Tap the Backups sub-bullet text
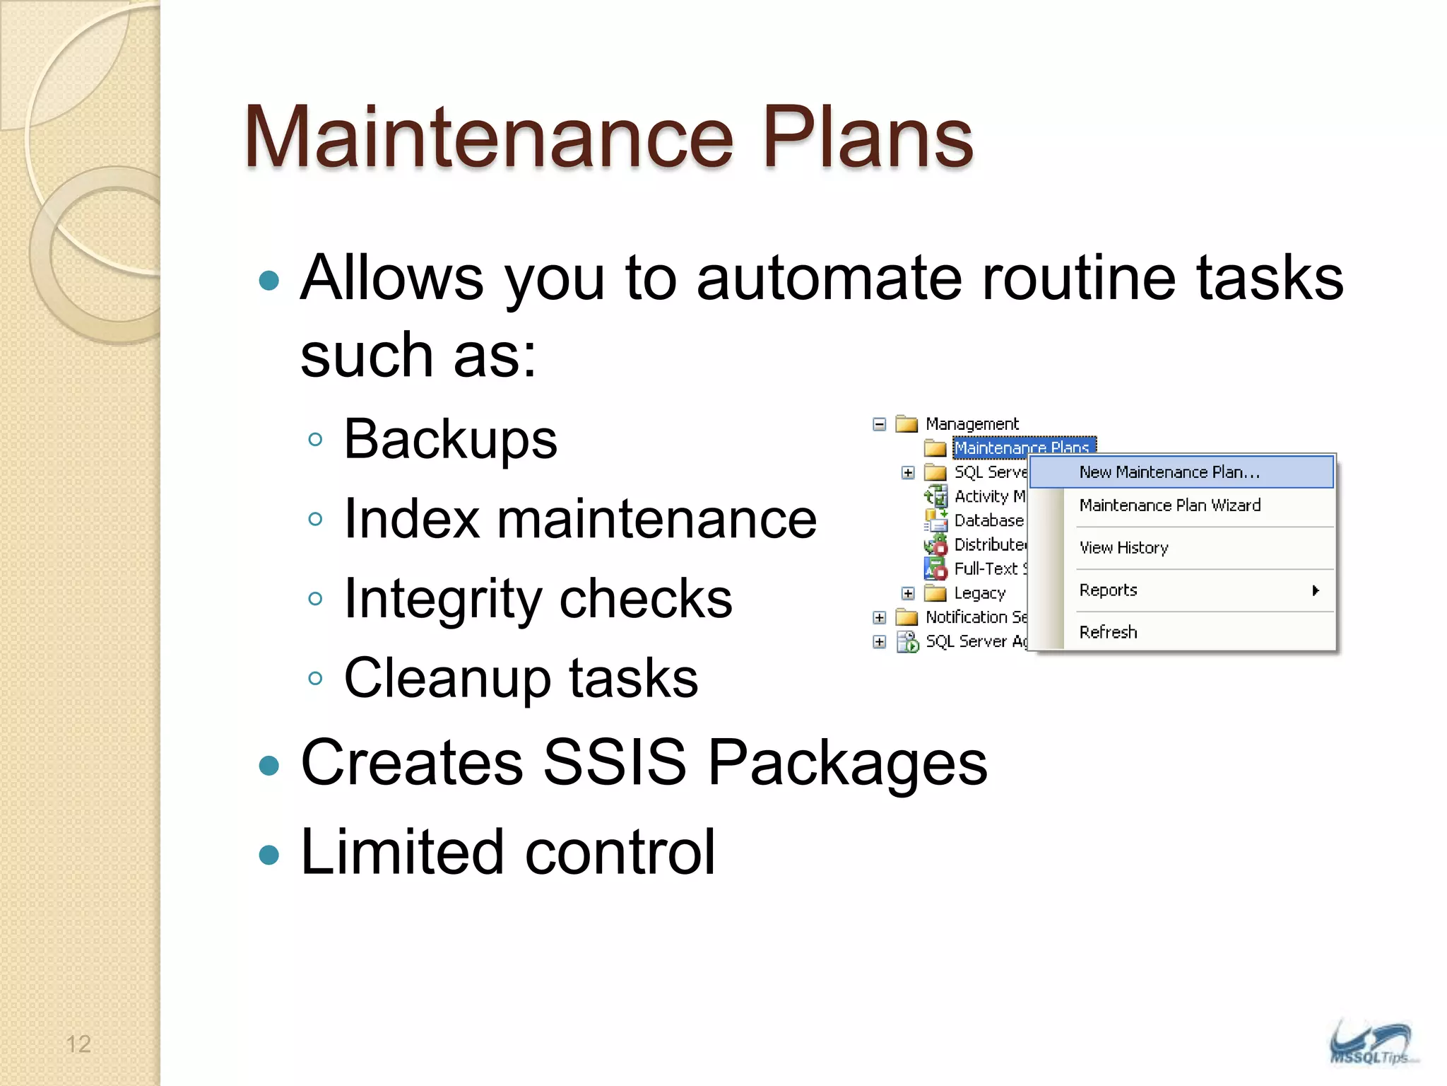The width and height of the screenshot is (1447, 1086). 450,440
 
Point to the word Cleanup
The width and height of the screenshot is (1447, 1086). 447,678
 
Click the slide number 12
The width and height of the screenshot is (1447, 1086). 78,1044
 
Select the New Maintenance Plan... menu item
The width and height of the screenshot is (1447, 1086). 1169,472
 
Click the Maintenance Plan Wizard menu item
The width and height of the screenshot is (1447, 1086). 1169,506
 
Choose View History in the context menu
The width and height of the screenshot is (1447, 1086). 1123,548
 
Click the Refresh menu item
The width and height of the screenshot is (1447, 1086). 1108,632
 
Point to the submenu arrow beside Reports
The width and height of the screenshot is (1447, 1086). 1315,590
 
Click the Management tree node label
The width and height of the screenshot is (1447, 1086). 971,424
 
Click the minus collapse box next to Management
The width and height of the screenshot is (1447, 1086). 879,424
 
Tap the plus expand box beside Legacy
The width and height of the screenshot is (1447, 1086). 908,593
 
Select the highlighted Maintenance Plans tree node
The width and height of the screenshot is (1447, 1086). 1022,448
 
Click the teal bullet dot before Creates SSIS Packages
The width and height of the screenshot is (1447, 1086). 269,766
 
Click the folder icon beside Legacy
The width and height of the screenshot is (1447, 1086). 935,593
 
